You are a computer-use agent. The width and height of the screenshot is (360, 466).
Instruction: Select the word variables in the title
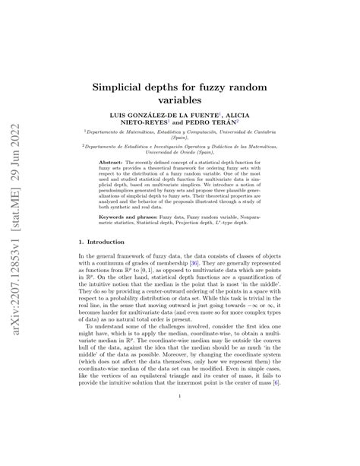[x=181, y=99]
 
